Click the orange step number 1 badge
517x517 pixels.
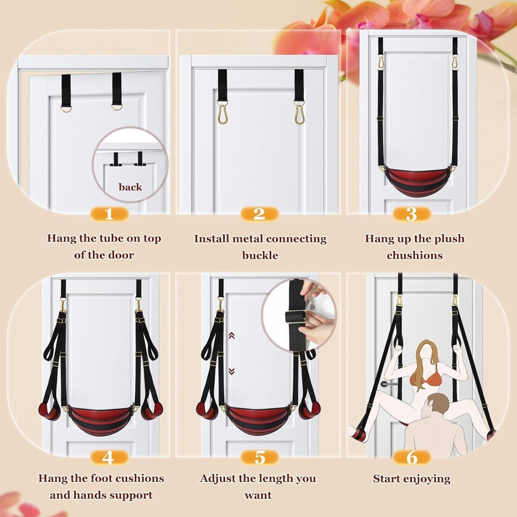(109, 214)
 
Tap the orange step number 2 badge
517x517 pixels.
(259, 214)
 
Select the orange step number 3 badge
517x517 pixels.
(411, 214)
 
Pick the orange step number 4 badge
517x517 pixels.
(108, 458)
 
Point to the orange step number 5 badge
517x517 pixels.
(259, 458)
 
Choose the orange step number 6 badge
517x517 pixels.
(411, 458)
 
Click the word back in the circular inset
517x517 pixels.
(130, 187)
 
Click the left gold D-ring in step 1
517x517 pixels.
(66, 108)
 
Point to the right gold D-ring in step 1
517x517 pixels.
(117, 107)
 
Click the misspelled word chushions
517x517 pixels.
(414, 255)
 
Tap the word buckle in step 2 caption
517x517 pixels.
(260, 255)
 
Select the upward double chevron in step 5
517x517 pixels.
(231, 336)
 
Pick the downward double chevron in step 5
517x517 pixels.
(231, 371)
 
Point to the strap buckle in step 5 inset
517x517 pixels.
(296, 317)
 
